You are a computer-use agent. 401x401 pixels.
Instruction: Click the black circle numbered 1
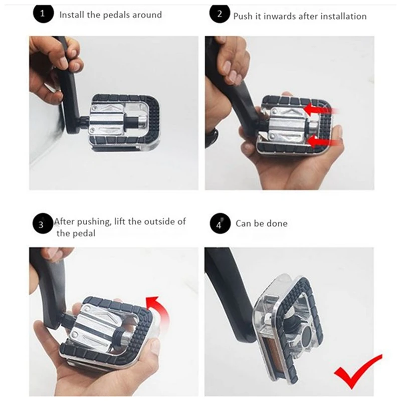(43, 14)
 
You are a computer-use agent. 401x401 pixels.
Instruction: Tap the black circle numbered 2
(220, 14)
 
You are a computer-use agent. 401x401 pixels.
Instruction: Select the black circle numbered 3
(43, 224)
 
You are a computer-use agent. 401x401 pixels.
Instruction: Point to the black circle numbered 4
(220, 223)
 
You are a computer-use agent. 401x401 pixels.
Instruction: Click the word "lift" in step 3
(119, 221)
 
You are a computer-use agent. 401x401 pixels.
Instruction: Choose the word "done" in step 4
(277, 224)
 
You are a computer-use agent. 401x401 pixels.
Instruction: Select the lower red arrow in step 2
(323, 142)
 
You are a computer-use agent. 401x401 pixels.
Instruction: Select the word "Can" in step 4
(243, 224)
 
